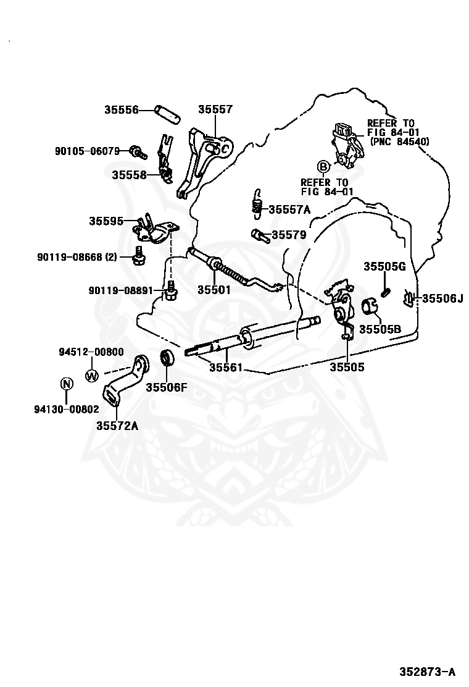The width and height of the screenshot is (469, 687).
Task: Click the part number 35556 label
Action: [x=121, y=110]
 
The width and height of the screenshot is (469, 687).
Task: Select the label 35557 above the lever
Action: [x=215, y=110]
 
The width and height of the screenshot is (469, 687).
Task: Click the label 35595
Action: [x=106, y=221]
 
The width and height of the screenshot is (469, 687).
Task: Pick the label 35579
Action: [x=289, y=235]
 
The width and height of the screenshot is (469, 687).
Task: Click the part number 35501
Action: [x=214, y=289]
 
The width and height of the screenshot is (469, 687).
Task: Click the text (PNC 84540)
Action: [x=399, y=141]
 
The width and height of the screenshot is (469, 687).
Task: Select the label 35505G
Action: [x=384, y=267]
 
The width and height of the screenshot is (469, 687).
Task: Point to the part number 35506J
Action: [x=442, y=298]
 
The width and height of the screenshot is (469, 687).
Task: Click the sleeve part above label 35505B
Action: [x=369, y=306]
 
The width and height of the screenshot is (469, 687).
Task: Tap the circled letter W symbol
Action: [x=91, y=375]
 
